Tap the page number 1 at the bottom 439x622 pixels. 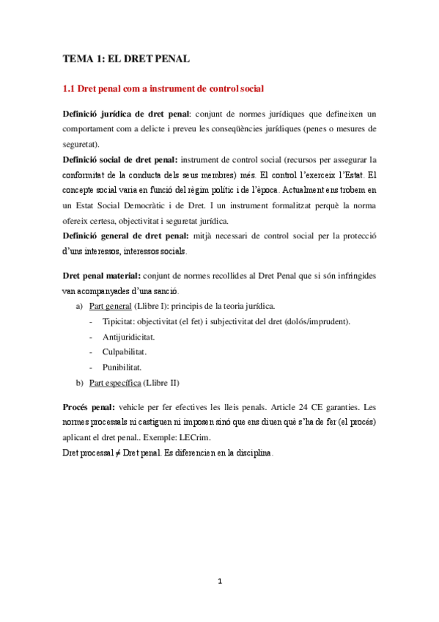point(219,582)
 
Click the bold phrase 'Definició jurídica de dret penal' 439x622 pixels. point(126,114)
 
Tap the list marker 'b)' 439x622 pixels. point(79,382)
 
